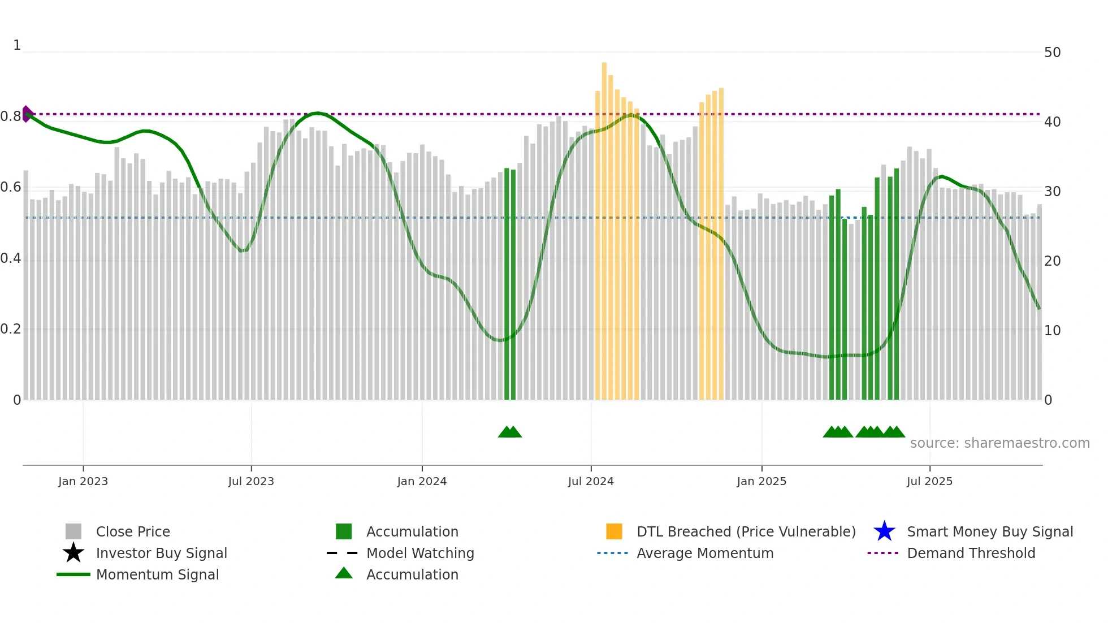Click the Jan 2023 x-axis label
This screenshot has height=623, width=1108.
point(83,481)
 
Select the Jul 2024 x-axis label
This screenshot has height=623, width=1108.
point(591,481)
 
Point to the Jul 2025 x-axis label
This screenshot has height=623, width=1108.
point(929,481)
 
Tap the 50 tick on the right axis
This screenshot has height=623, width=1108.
point(1052,53)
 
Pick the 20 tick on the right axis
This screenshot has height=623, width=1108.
point(1052,261)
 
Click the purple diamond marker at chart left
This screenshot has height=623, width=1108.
point(27,114)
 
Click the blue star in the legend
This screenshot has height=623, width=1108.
point(884,531)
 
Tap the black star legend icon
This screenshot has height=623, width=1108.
point(73,553)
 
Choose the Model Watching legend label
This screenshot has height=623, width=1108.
point(420,553)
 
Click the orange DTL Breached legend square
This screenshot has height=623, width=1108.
point(614,531)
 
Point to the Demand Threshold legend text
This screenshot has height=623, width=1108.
point(971,553)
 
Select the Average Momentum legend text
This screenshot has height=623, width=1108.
point(705,553)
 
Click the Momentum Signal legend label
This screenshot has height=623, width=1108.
point(157,574)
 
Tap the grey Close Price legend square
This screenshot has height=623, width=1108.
point(73,531)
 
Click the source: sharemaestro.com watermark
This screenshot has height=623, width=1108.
point(999,443)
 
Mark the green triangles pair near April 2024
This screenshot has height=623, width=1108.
point(510,432)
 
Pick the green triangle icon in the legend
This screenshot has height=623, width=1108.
point(344,573)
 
